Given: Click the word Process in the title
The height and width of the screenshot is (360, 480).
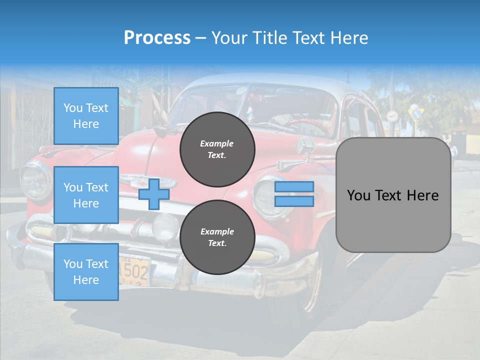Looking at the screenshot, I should [157, 38].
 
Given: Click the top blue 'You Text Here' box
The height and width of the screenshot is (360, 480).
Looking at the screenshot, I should [86, 116].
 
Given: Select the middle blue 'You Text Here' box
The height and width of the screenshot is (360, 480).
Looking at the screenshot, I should [86, 195].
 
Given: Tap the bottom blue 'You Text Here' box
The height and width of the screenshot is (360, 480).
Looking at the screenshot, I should [86, 271].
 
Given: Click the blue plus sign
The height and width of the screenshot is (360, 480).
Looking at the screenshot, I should [153, 194].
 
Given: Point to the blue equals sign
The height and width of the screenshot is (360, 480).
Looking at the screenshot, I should [294, 194].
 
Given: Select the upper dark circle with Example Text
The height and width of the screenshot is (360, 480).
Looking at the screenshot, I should [217, 149].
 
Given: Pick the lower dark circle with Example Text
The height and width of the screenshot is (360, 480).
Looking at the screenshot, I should [217, 237].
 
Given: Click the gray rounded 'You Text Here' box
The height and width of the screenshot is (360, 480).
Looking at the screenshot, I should [393, 195].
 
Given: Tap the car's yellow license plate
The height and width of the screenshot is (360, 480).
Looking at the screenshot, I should [133, 270].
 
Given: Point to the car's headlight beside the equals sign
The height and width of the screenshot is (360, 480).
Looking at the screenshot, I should [265, 198].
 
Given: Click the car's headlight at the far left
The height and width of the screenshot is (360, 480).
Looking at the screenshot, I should [34, 180].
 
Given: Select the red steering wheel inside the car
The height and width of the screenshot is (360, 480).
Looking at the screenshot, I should [305, 125].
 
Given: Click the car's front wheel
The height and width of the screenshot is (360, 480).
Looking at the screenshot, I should [310, 290].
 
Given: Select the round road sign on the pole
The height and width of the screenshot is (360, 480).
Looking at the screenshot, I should [392, 116].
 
